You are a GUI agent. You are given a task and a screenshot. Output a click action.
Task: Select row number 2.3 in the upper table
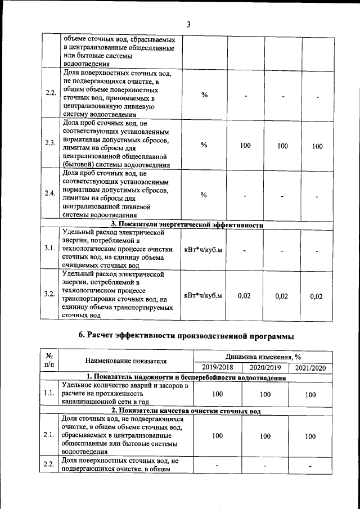pyautogui.click(x=50, y=143)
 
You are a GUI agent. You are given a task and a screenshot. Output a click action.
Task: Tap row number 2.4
pyautogui.click(x=50, y=193)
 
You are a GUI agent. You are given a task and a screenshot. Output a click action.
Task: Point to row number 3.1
pyautogui.click(x=50, y=248)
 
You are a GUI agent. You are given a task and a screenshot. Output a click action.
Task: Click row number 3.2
pyautogui.click(x=50, y=294)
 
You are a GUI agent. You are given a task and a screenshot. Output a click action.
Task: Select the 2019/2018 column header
pyautogui.click(x=217, y=368)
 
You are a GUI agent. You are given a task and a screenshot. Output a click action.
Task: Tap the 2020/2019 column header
pyautogui.click(x=263, y=368)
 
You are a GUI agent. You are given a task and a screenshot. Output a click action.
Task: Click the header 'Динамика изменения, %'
pyautogui.click(x=263, y=357)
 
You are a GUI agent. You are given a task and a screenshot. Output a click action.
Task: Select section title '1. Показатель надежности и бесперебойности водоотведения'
pyautogui.click(x=186, y=377)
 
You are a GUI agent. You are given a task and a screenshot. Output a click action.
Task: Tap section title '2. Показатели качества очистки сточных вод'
pyautogui.click(x=186, y=411)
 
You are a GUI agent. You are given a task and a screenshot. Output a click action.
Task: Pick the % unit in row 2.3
pyautogui.click(x=204, y=145)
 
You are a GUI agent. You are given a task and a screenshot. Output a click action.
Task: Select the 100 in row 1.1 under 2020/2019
pyautogui.click(x=263, y=395)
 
